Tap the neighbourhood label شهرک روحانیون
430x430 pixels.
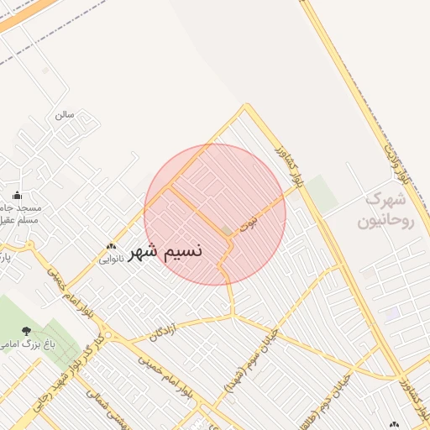point(386,211)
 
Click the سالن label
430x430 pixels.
point(65,114)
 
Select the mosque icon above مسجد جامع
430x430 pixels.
point(17,196)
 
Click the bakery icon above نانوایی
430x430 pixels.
point(111,247)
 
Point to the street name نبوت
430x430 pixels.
point(249,224)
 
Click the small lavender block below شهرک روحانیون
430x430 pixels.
point(391,313)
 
